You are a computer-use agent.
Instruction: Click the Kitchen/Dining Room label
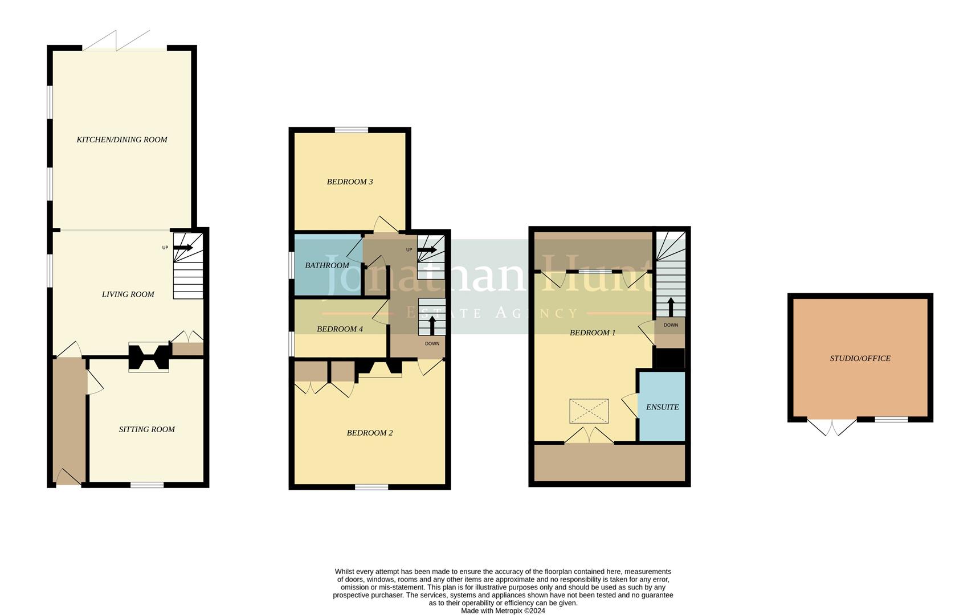click(122, 140)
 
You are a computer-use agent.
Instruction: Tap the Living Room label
click(128, 294)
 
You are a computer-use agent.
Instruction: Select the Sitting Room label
click(146, 429)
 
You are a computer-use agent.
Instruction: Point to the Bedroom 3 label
click(350, 182)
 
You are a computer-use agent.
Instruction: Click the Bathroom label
click(327, 265)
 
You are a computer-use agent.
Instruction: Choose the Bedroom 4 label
click(340, 329)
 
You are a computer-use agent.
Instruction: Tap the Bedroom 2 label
click(370, 433)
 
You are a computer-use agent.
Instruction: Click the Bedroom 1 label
click(593, 333)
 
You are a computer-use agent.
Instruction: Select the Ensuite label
click(662, 407)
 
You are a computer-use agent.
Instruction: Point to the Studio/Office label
click(860, 358)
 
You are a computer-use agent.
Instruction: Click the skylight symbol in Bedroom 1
click(589, 411)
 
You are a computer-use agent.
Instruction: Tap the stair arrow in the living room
click(183, 248)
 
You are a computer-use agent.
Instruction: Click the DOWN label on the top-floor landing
click(671, 325)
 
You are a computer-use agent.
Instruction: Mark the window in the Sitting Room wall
click(147, 485)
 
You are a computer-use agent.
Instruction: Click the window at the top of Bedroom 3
click(351, 130)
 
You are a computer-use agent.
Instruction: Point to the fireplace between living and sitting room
click(149, 358)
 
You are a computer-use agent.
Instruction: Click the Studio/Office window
click(891, 420)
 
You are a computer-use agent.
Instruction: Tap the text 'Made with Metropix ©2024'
click(503, 611)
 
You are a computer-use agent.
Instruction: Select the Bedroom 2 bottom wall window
click(371, 487)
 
